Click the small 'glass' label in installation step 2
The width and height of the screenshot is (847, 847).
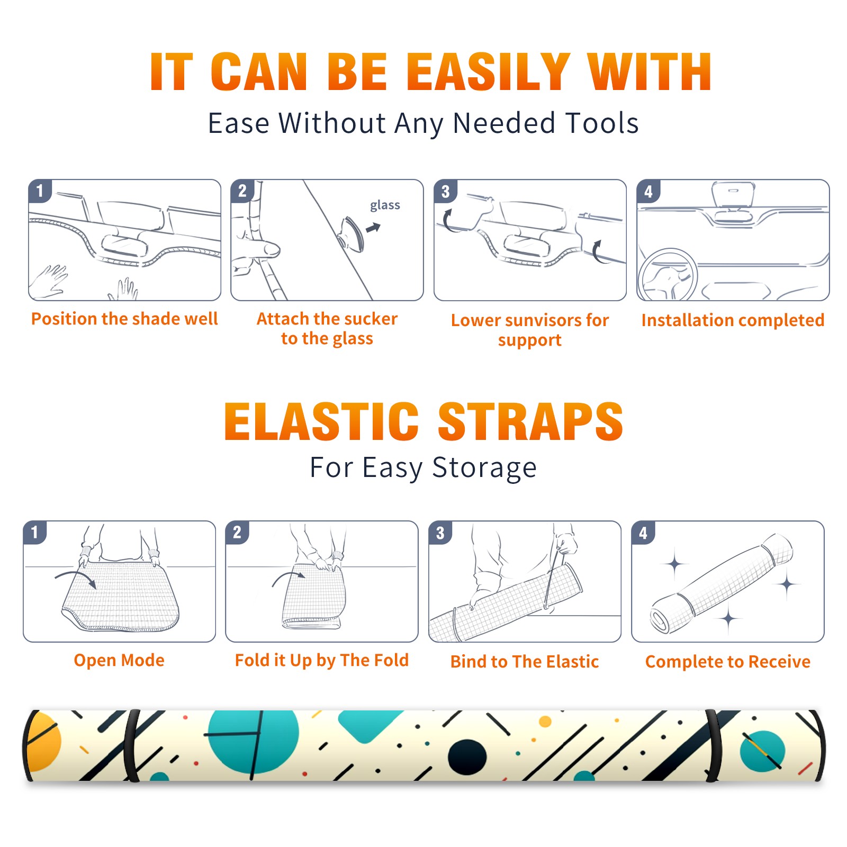pos(385,205)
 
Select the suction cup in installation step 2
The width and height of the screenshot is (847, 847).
pos(352,233)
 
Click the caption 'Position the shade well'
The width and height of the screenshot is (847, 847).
pos(124,319)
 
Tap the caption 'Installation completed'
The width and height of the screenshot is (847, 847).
pos(733,320)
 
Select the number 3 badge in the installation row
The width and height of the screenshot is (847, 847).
pos(445,191)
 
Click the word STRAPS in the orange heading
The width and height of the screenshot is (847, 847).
pos(530,421)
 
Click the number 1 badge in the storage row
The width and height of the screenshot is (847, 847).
pos(35,532)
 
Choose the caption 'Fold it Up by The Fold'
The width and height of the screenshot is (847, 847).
pos(322,660)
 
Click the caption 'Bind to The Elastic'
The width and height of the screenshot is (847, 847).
pos(525,662)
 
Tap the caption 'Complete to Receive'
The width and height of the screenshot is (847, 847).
pos(728,662)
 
